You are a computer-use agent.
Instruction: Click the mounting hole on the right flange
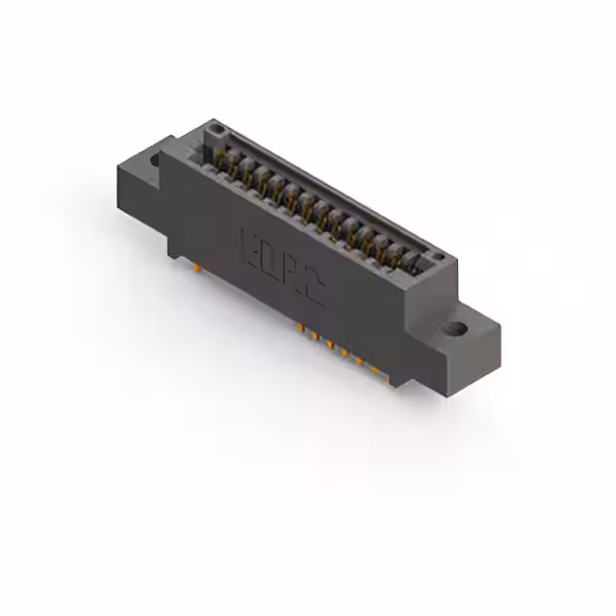455,329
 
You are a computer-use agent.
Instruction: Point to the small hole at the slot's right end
438,257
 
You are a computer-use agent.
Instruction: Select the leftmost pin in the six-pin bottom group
301,329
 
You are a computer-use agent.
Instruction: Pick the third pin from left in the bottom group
329,343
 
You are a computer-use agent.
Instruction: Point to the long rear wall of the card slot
337,188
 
